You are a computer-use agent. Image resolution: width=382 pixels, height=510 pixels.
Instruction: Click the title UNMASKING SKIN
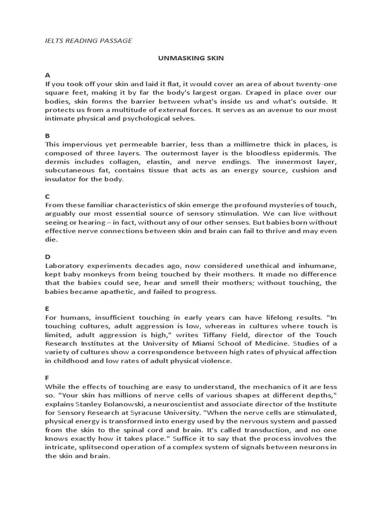click(191, 58)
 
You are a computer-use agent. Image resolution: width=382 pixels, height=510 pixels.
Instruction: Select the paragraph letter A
click(47, 76)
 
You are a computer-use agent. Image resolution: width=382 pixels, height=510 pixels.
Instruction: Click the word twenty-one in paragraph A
click(316, 85)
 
